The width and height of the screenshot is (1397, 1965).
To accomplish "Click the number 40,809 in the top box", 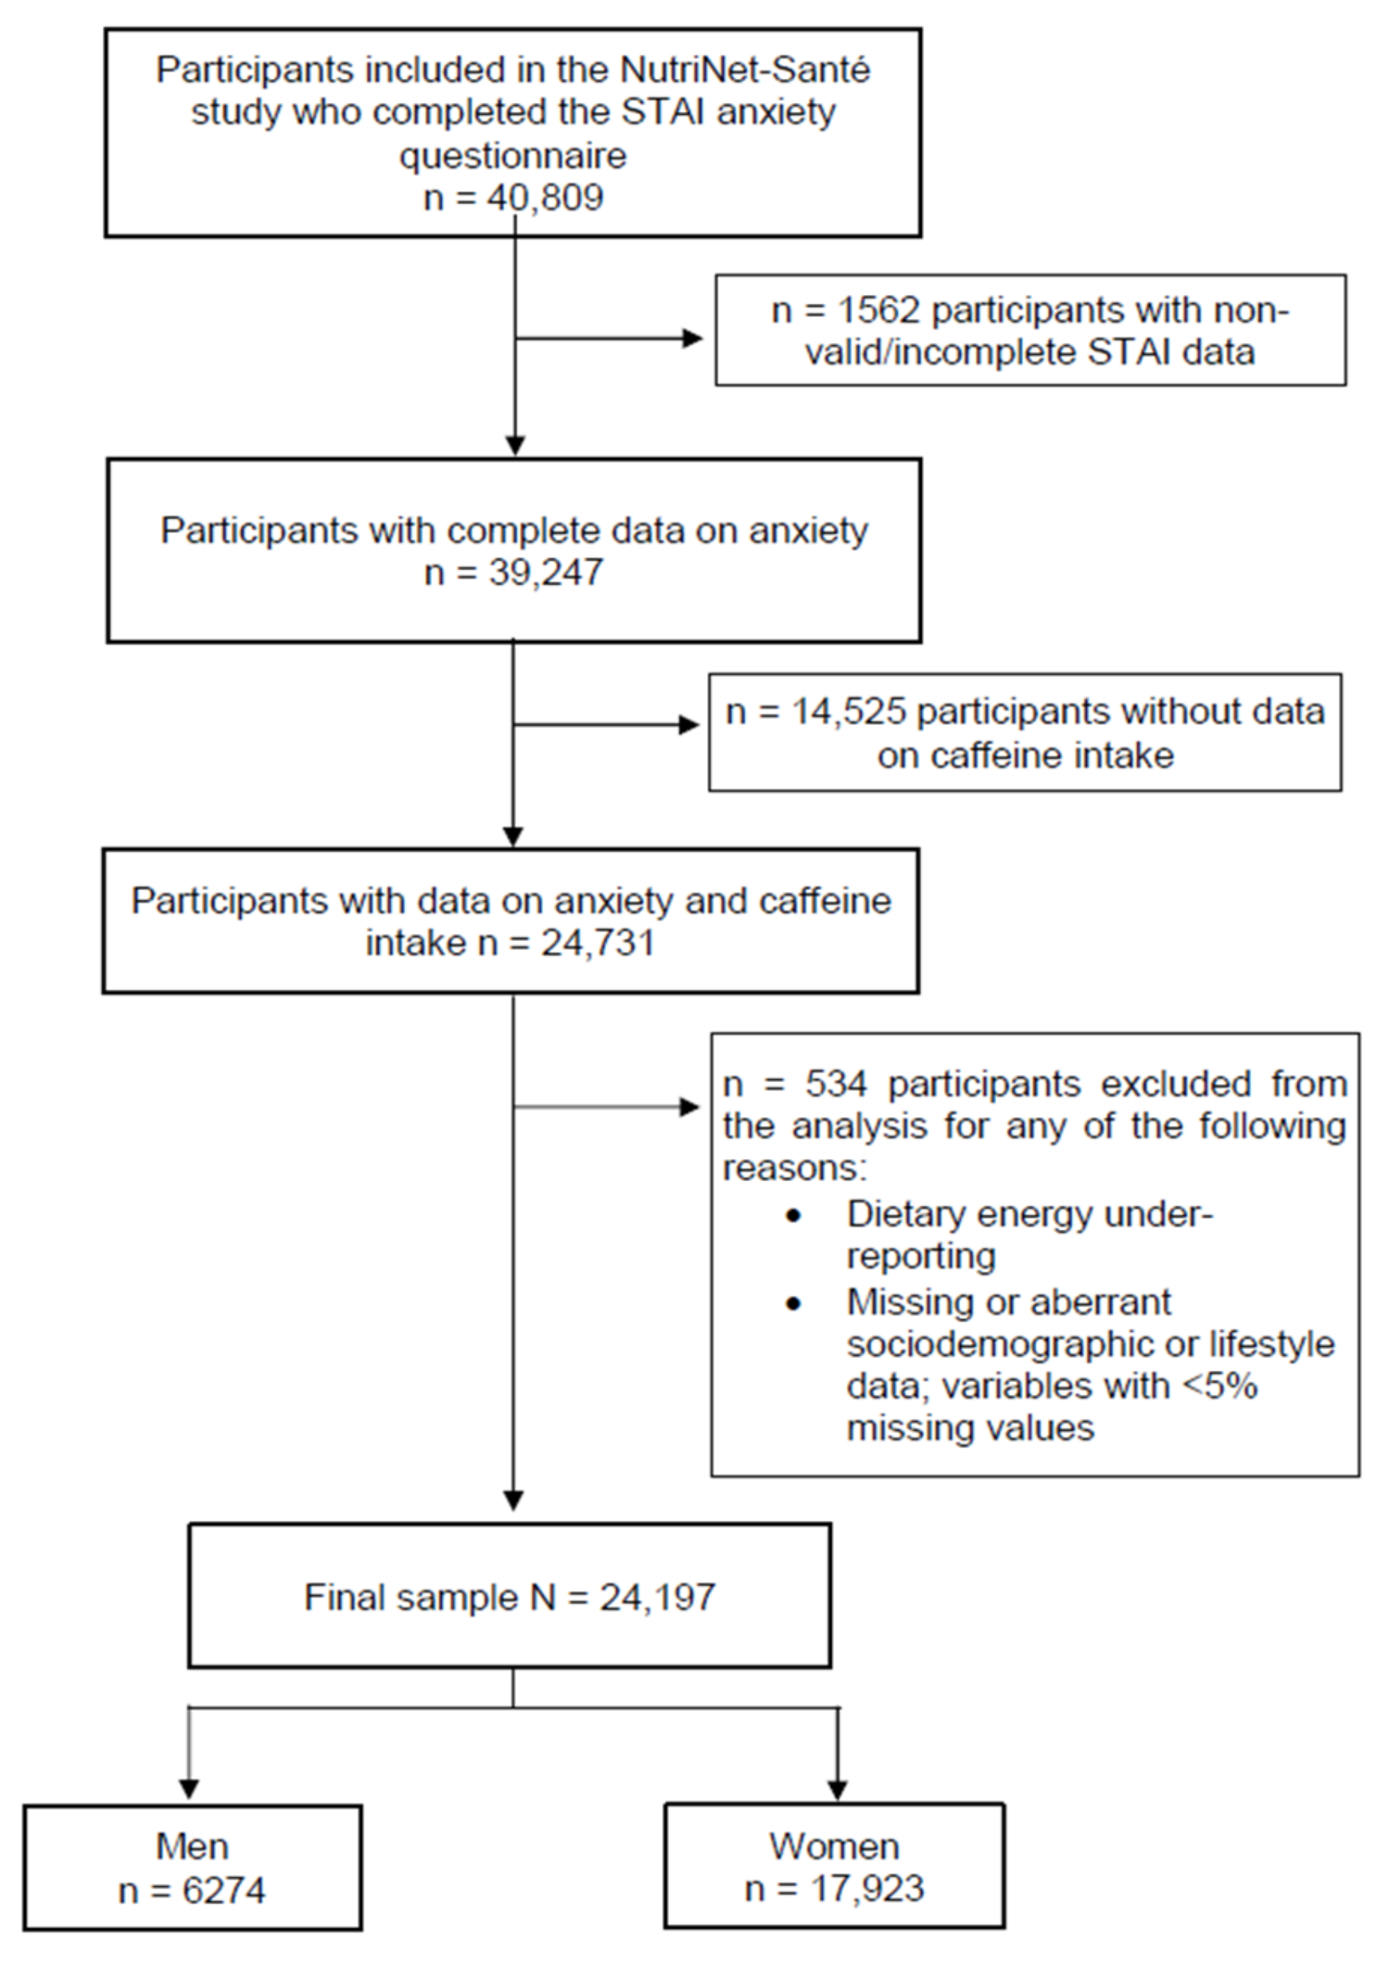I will (x=545, y=198).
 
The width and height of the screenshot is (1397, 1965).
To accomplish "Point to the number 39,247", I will (x=546, y=573).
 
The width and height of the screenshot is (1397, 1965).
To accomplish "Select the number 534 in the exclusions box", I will (x=836, y=1084).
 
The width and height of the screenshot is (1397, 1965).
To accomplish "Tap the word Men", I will (x=192, y=1846).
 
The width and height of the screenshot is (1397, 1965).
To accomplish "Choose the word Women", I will (x=834, y=1846).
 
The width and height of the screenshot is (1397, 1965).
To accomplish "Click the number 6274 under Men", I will (x=223, y=1890).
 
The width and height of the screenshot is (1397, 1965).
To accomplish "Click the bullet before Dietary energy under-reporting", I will (x=793, y=1215).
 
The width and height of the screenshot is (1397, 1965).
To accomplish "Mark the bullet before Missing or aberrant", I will (x=793, y=1303).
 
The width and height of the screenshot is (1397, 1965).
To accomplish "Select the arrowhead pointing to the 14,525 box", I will (x=689, y=725).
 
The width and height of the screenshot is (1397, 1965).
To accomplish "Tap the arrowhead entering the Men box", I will (x=188, y=1789).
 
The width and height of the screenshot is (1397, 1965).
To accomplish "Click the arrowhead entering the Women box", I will (x=837, y=1789).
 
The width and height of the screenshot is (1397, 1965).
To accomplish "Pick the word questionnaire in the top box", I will (x=513, y=156).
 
